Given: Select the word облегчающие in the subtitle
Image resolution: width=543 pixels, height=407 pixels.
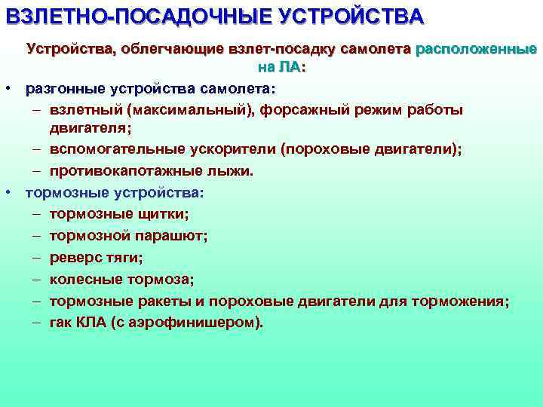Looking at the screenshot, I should pyautogui.click(x=170, y=50).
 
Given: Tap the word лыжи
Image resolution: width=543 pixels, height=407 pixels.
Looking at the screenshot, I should pyautogui.click(x=229, y=171).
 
